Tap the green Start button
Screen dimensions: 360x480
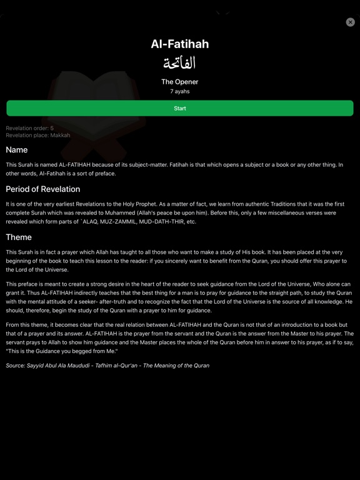coord(180,108)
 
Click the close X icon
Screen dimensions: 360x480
coord(350,22)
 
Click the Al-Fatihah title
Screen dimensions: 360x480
coord(180,44)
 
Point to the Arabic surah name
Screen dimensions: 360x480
coord(180,63)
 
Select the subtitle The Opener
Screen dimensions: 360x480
coord(180,82)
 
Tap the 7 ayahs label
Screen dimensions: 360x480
coord(180,91)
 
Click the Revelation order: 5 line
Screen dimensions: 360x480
coord(30,128)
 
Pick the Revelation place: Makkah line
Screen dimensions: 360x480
coord(38,135)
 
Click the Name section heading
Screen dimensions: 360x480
coord(17,150)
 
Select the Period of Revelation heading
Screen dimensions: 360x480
coord(43,189)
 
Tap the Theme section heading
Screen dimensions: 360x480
coord(19,237)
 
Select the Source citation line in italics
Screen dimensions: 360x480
coord(107,366)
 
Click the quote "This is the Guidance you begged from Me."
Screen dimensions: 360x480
coord(67,351)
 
